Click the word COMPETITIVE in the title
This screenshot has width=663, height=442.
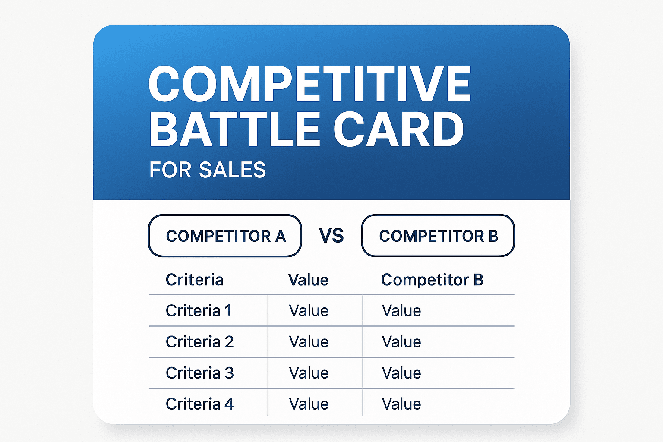coord(309,84)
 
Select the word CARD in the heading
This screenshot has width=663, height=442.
coord(398,129)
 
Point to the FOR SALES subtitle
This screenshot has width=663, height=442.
coord(207,170)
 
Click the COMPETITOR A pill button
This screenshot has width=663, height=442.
coord(225,236)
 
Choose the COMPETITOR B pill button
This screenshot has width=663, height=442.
coord(438,236)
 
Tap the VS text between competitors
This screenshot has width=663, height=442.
coord(331,236)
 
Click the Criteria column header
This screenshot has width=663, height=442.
coord(195,280)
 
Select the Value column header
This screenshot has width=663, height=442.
coord(308,280)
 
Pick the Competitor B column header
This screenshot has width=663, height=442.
coord(432,280)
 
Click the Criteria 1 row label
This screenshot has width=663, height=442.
coord(199,310)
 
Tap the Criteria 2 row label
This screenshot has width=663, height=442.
coord(199,341)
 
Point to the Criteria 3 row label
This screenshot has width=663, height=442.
coord(199,373)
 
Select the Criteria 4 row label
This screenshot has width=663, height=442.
coord(200,404)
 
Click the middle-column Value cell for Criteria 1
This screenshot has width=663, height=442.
coord(309,310)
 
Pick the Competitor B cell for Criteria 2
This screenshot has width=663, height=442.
coord(401,341)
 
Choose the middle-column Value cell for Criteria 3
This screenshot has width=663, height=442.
coord(309,373)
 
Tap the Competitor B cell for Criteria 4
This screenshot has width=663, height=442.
coord(401,404)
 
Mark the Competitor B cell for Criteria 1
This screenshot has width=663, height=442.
coord(401,310)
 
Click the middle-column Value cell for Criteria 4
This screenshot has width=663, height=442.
coord(309,404)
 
